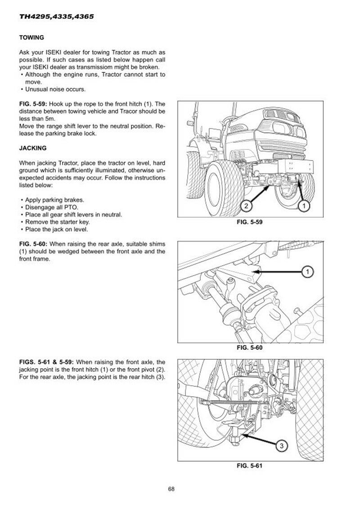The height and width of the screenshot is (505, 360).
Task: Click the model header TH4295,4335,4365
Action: [56, 17]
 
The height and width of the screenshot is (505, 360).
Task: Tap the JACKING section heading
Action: [32, 147]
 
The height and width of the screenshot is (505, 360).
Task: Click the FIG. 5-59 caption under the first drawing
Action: [249, 223]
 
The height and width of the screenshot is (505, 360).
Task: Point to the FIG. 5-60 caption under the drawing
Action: [249, 348]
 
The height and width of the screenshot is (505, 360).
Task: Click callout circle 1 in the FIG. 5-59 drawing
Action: [304, 206]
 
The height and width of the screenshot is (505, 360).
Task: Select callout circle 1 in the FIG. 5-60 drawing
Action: [307, 271]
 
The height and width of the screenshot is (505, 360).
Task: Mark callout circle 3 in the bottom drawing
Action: [281, 446]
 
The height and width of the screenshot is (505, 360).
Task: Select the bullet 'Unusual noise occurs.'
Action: [55, 89]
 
